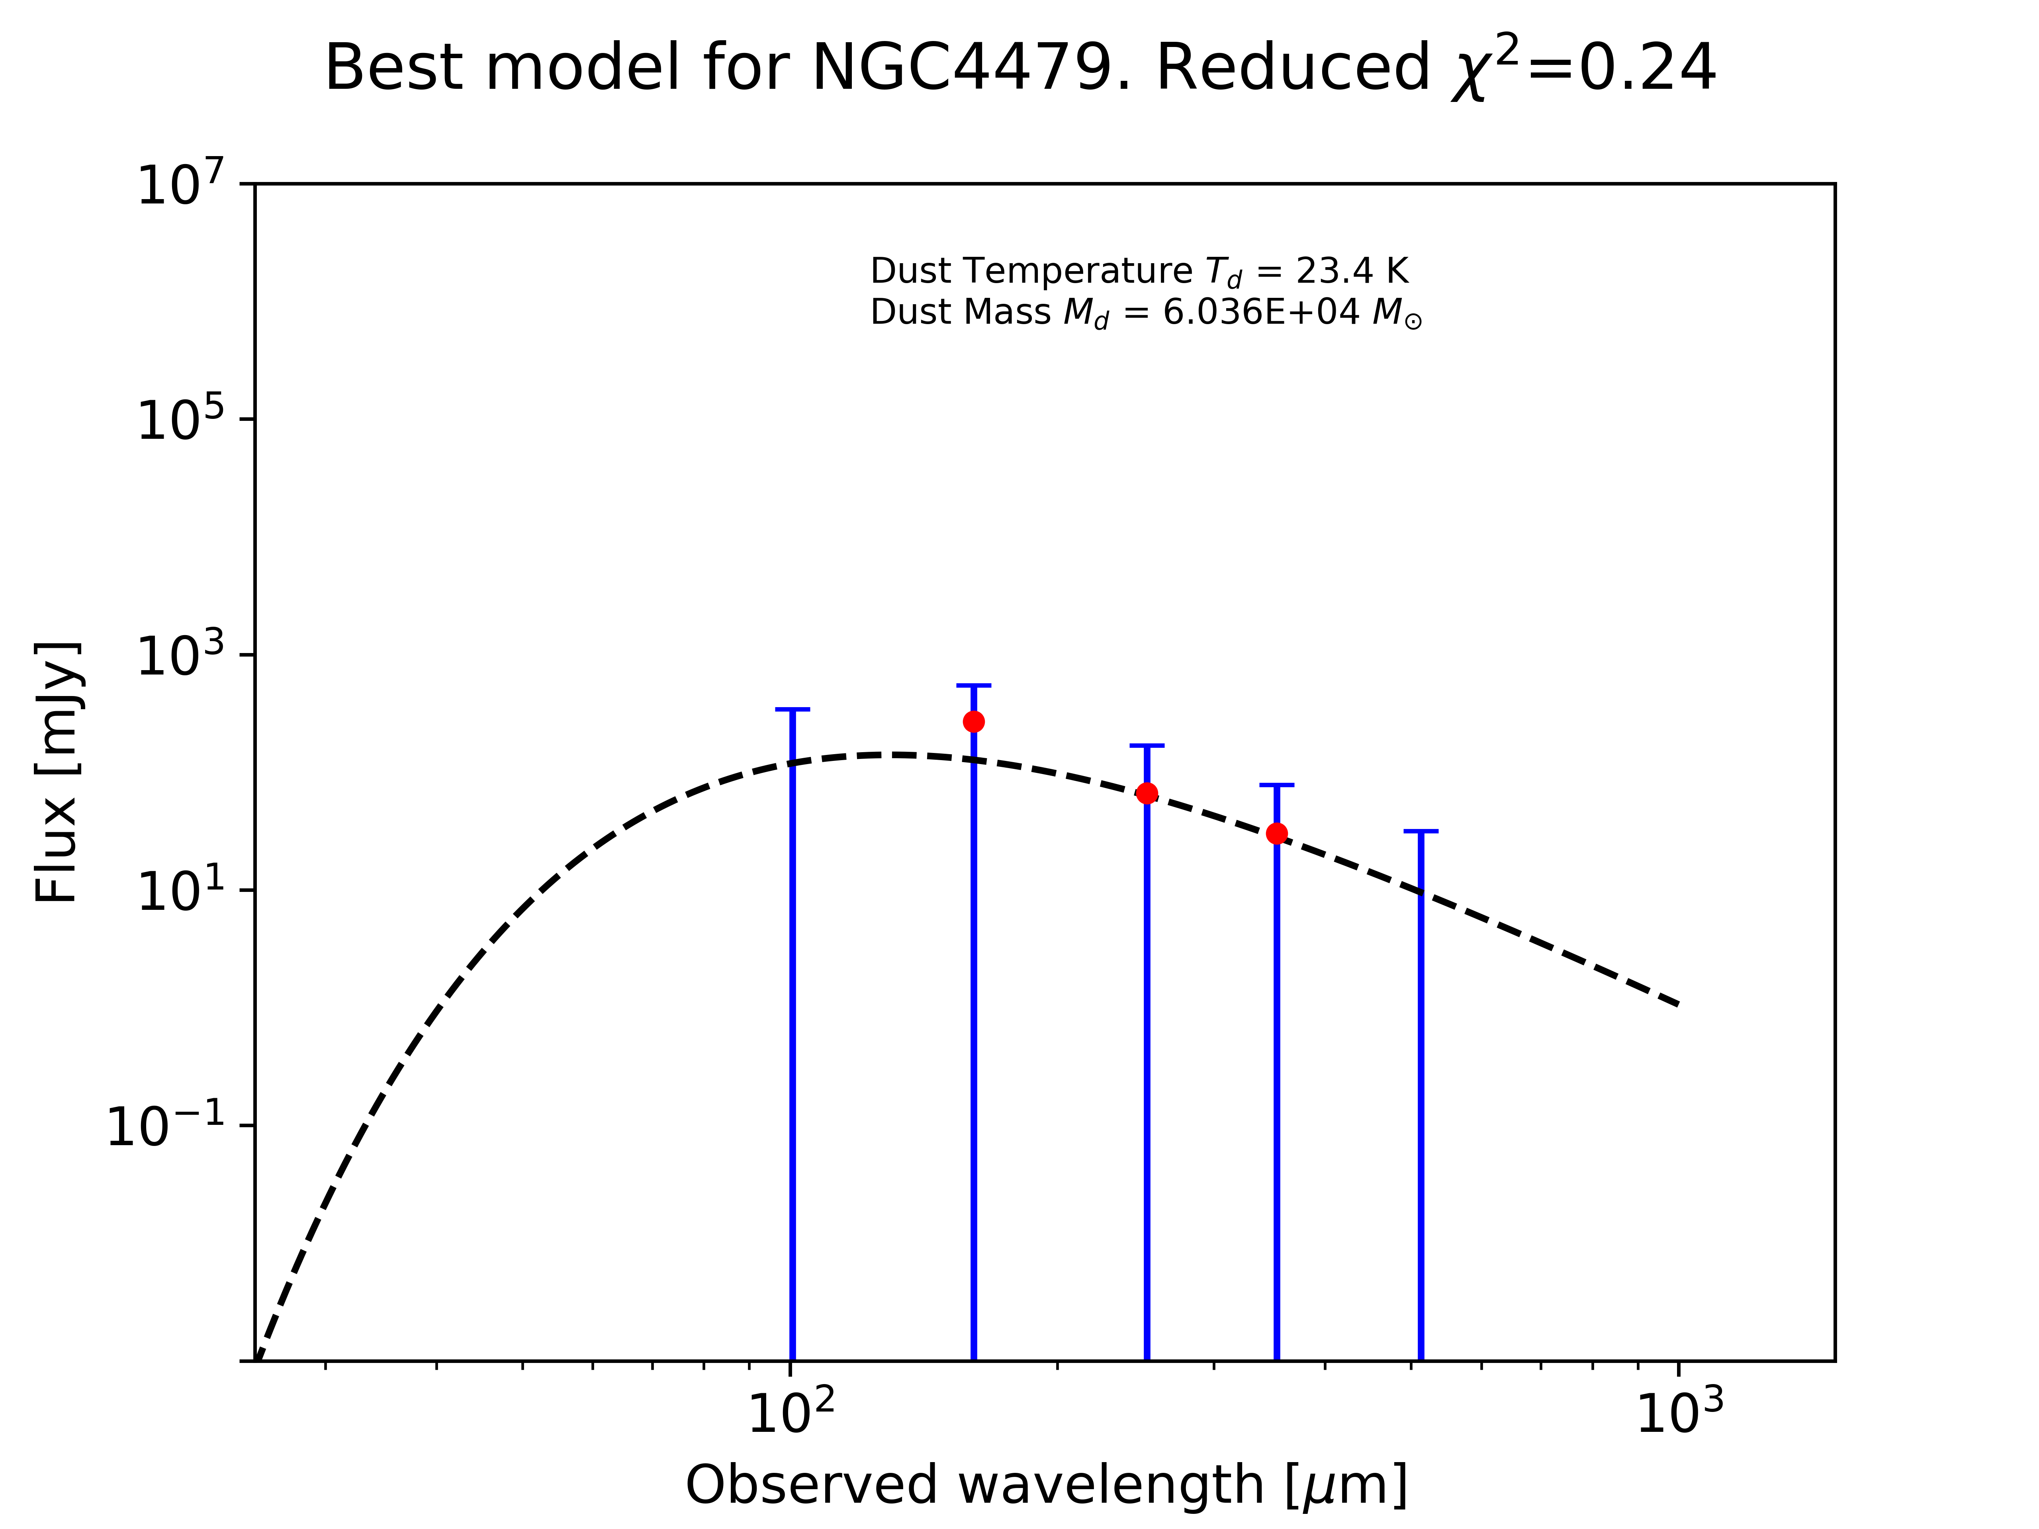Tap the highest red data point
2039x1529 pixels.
point(973,721)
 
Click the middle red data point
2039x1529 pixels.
point(1147,794)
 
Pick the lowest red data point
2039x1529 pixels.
point(1277,834)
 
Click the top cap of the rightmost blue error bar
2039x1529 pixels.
point(1421,831)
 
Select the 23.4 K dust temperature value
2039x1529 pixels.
point(1351,271)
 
